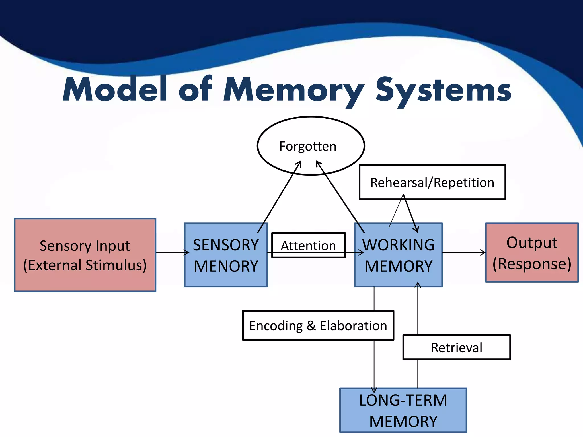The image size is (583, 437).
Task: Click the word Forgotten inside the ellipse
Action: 308,146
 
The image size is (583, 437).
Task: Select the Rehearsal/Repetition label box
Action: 432,182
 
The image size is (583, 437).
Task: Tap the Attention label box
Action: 308,245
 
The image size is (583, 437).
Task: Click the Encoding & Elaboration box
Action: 318,325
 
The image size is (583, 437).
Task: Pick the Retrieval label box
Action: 456,347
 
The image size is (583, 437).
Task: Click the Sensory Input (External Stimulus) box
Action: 85,255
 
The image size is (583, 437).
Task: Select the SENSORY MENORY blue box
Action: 226,255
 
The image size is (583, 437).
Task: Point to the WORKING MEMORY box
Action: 398,255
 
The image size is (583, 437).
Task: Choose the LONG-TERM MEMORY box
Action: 403,410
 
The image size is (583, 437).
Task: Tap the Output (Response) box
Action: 532,253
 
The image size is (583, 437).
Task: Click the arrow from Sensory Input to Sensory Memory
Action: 172,252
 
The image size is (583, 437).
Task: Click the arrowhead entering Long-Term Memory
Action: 374,390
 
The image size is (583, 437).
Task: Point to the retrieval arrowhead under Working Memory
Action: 418,285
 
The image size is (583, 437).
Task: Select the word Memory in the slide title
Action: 293,90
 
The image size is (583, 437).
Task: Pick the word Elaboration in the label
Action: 353,325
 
